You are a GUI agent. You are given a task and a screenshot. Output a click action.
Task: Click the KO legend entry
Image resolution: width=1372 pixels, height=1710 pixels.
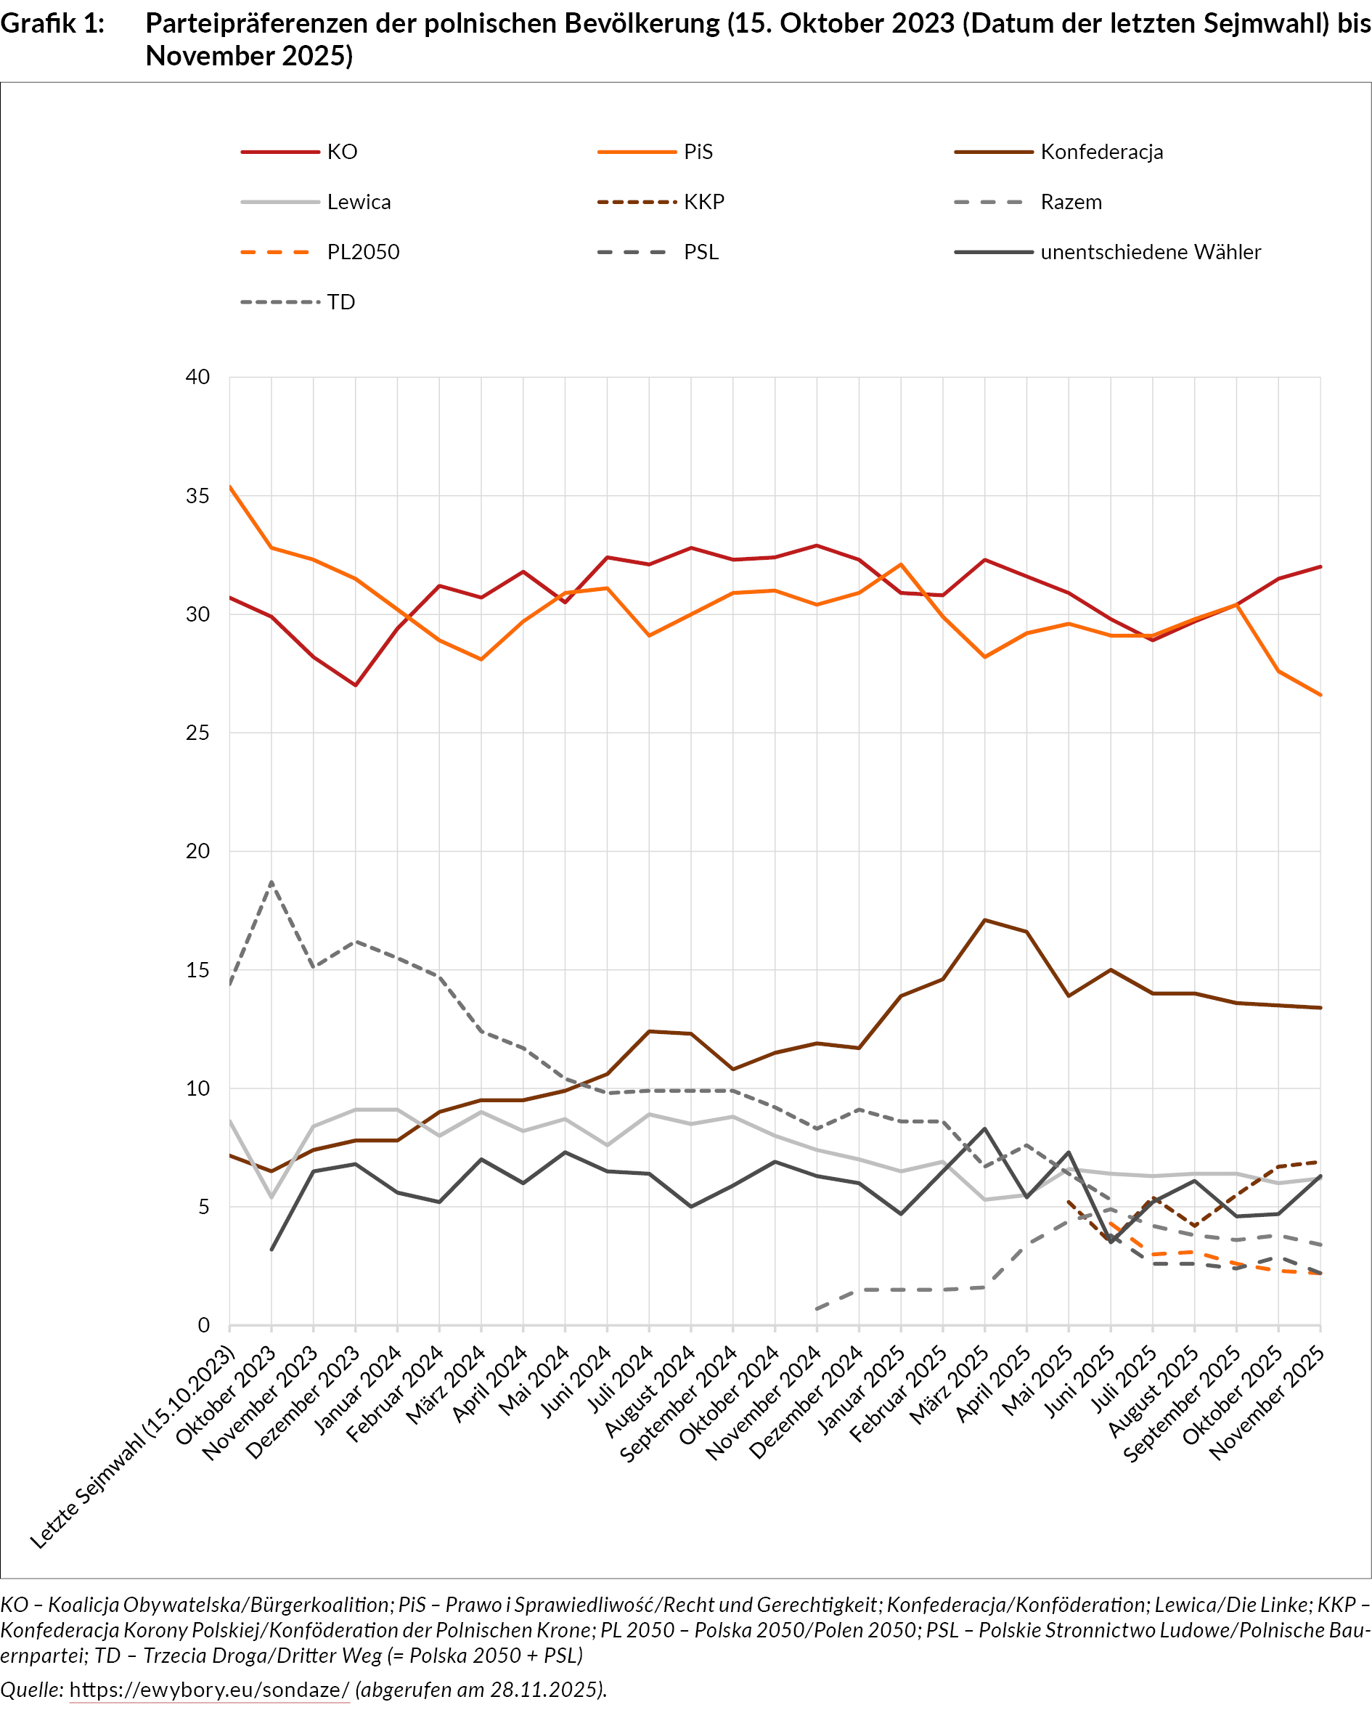tap(342, 152)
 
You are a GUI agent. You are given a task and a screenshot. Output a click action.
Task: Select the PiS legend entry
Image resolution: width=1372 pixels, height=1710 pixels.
tap(698, 152)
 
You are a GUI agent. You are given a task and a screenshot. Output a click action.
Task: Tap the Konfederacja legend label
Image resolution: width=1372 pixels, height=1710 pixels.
tap(1101, 152)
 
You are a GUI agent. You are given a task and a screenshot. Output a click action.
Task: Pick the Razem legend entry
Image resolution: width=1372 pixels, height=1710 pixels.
tap(1071, 203)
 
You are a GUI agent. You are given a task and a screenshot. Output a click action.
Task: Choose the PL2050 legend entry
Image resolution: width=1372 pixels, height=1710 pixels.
tap(362, 252)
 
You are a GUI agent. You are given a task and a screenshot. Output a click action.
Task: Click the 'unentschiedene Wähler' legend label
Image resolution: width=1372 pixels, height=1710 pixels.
tap(1150, 252)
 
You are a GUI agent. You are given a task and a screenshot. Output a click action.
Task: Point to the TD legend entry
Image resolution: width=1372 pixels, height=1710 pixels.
tap(341, 302)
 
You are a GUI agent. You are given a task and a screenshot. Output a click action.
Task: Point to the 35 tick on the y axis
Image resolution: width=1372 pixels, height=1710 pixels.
tap(197, 496)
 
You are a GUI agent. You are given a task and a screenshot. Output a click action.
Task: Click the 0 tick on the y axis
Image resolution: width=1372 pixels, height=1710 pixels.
tap(204, 1325)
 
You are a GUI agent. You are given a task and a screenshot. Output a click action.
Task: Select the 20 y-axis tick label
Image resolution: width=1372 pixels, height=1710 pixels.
tap(197, 851)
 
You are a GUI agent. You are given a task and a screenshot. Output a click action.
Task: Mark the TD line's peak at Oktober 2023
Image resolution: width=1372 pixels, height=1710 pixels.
tap(272, 882)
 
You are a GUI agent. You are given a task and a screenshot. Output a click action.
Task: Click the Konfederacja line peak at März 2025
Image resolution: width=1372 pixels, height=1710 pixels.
tap(984, 920)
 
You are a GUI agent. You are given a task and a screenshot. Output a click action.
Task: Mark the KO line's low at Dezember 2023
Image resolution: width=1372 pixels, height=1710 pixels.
tap(355, 685)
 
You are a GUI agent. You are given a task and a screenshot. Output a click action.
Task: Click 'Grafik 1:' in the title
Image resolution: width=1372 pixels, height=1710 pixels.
tap(52, 24)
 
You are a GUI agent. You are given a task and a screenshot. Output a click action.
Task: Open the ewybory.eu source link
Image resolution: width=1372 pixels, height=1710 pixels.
tap(209, 1690)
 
